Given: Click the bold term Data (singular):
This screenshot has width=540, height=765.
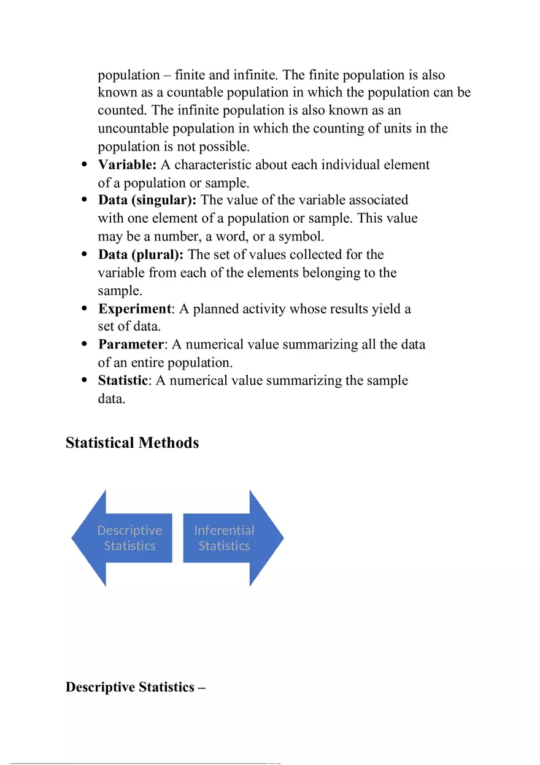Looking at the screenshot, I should click(x=147, y=201).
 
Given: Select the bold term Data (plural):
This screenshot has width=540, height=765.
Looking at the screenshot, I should click(x=141, y=255).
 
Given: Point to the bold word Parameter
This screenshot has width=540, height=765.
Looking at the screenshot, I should click(x=131, y=345).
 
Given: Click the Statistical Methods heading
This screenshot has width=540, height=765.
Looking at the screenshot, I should click(x=132, y=443).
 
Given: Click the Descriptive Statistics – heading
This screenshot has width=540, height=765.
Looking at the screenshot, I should click(x=135, y=687).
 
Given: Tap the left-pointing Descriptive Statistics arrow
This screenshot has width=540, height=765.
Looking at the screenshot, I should click(x=123, y=538).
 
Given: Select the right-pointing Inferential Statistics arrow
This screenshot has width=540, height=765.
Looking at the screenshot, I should click(x=233, y=538).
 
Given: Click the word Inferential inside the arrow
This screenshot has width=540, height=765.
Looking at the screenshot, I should click(x=224, y=530).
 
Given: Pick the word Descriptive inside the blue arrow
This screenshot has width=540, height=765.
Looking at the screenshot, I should click(x=129, y=530).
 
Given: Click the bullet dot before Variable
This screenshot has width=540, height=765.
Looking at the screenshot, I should click(x=85, y=165).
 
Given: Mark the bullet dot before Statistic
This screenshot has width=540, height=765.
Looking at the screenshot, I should click(x=85, y=381).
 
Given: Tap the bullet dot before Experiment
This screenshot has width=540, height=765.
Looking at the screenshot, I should click(x=85, y=309).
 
